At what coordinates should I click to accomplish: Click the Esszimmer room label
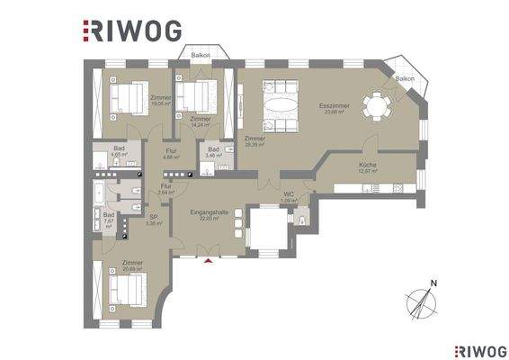click(333, 107)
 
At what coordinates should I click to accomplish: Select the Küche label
click(367, 165)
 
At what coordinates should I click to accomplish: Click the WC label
click(289, 193)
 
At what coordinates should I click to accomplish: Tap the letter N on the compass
click(435, 284)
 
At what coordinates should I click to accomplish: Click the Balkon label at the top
click(200, 55)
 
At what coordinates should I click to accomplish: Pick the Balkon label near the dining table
click(405, 79)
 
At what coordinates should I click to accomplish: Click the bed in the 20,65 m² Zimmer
click(127, 290)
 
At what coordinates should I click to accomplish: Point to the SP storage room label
click(154, 216)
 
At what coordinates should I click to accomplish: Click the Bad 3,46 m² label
click(214, 150)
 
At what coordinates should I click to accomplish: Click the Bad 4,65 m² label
click(120, 151)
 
